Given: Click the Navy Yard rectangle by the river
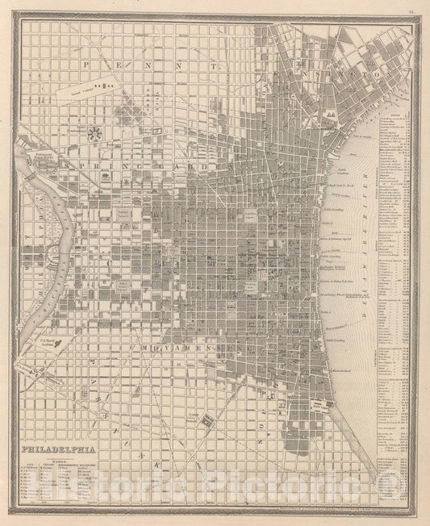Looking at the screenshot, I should (322, 403).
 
